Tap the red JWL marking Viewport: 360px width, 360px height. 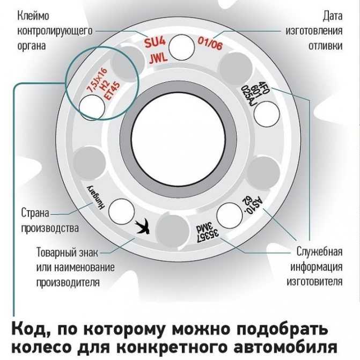[x=158, y=59]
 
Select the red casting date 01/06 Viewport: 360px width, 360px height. [x=210, y=43]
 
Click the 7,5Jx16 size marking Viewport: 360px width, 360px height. [x=98, y=80]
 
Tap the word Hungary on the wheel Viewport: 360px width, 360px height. [x=95, y=197]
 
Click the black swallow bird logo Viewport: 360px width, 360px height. [x=142, y=226]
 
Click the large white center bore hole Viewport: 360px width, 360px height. [x=178, y=137]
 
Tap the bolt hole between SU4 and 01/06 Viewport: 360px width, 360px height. [x=181, y=47]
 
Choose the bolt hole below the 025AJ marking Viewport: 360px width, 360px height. [x=267, y=114]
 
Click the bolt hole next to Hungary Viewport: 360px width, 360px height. [x=121, y=212]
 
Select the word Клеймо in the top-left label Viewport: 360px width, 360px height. [x=33, y=16]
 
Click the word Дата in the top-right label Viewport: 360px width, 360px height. [x=333, y=16]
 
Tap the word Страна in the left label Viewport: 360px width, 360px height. [x=35, y=213]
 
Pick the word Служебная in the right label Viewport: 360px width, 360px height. [x=319, y=251]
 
